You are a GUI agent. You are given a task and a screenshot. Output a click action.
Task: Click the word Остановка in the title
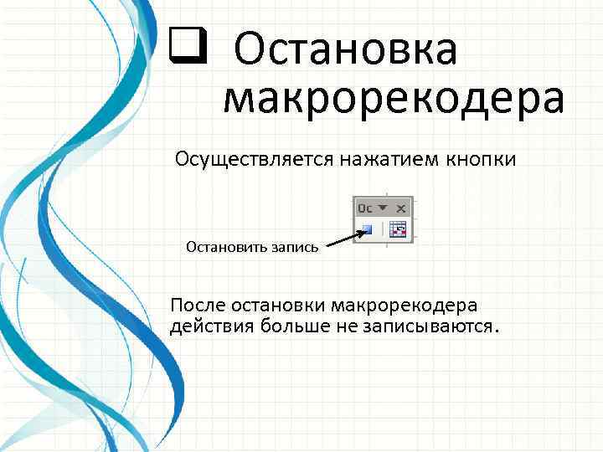pos(346,49)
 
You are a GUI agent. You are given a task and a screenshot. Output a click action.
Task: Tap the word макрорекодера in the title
pos(394,98)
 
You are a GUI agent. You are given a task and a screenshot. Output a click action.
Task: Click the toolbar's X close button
pos(401,207)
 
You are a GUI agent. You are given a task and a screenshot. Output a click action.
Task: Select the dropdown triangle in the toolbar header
pos(384,207)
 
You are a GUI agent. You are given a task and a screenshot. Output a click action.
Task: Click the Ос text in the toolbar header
pos(365,207)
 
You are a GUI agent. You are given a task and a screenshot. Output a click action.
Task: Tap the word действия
pos(206,325)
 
